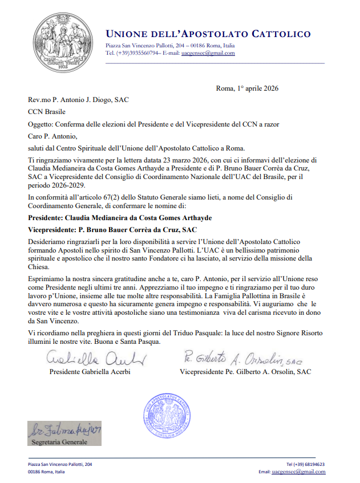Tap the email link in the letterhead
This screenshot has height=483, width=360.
208,53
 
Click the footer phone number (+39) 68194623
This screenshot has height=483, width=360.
305,464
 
